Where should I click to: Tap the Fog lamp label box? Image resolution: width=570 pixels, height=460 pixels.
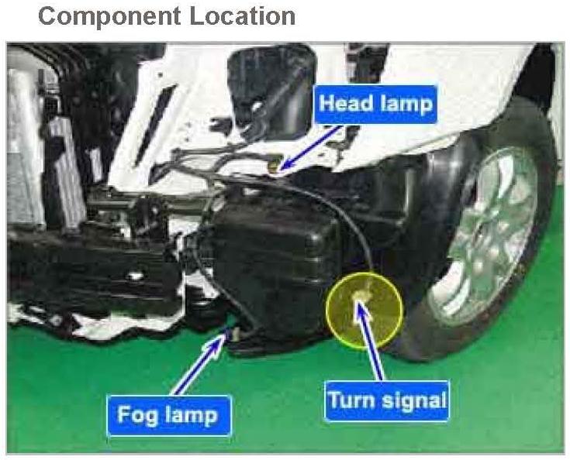(x=168, y=414)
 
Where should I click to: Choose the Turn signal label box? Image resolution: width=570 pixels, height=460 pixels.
(x=387, y=400)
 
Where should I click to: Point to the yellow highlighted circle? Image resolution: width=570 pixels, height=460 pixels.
(x=364, y=310)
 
